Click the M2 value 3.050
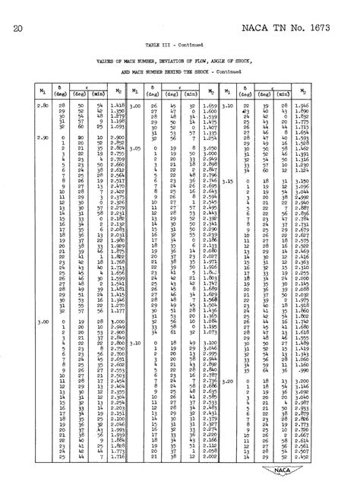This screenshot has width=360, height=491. pos(211,149)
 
